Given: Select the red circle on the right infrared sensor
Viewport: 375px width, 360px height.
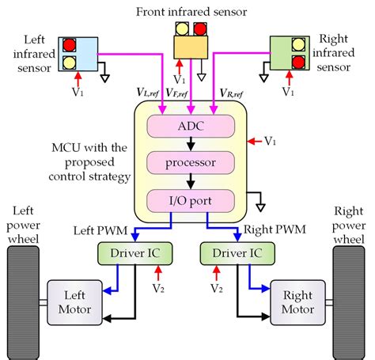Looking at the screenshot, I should click(x=299, y=61).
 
